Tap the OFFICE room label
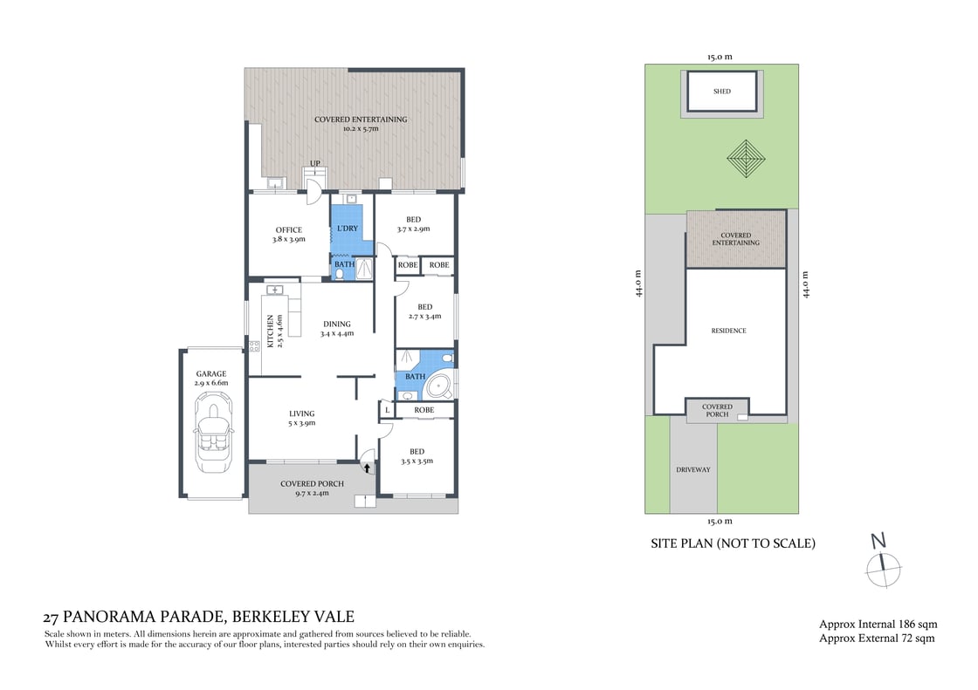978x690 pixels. point(288,230)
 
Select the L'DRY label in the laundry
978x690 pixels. point(348,229)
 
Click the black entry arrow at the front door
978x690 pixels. point(367,468)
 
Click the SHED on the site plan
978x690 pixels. point(721,91)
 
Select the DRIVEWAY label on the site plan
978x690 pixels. point(693,469)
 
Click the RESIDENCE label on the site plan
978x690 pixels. point(728,331)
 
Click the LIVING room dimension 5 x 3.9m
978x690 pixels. point(301,423)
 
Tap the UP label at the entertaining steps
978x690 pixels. point(314,164)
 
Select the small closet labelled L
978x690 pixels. point(386,410)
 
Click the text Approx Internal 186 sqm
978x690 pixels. point(878,624)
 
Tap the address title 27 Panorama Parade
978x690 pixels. point(199,616)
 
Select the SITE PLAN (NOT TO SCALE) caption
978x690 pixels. point(733,543)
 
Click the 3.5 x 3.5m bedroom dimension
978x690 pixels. point(417,461)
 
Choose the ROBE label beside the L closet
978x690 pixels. point(424,410)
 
